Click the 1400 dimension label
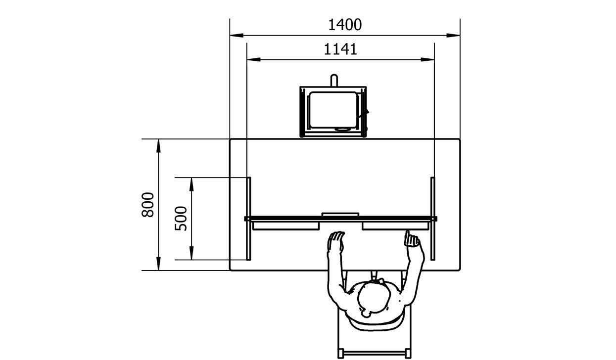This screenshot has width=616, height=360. tap(345, 25)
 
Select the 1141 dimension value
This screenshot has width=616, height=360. tap(340, 49)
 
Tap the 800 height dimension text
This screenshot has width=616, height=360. tap(148, 205)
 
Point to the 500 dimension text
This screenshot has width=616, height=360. tap(181, 219)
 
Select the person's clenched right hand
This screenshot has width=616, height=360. tap(412, 239)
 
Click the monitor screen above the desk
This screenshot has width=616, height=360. tap(333, 110)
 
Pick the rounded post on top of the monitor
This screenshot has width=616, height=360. tap(334, 80)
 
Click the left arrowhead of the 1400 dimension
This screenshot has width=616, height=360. tap(237, 36)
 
